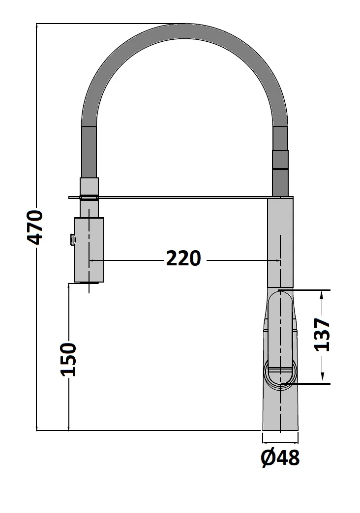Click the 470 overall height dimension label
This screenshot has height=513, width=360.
[x=35, y=227]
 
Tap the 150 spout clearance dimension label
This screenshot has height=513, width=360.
[x=69, y=359]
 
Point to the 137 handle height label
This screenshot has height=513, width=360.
[x=322, y=335]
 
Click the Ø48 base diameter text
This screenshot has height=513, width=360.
[x=280, y=458]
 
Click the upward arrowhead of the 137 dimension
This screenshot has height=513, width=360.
[x=322, y=295]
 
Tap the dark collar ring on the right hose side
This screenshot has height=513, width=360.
[x=280, y=160]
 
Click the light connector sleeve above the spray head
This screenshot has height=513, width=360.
[x=89, y=186]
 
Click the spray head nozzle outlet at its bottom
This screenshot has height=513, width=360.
[x=89, y=283]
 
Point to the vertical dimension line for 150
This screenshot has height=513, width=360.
[x=69, y=403]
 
